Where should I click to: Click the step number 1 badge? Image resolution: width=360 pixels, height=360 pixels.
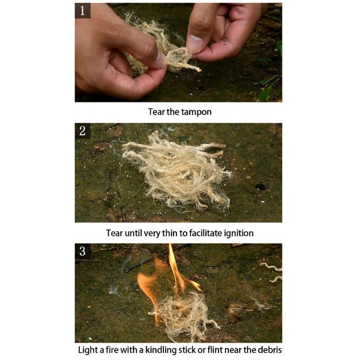tap(83, 10)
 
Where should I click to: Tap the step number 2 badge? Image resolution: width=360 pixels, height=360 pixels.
tap(83, 131)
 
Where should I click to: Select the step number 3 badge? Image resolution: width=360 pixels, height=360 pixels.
tap(83, 251)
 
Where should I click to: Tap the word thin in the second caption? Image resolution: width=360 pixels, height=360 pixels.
tap(170, 233)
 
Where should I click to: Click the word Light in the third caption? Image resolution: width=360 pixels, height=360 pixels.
tap(87, 351)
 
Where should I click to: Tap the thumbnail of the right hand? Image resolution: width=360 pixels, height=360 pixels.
tap(195, 43)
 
